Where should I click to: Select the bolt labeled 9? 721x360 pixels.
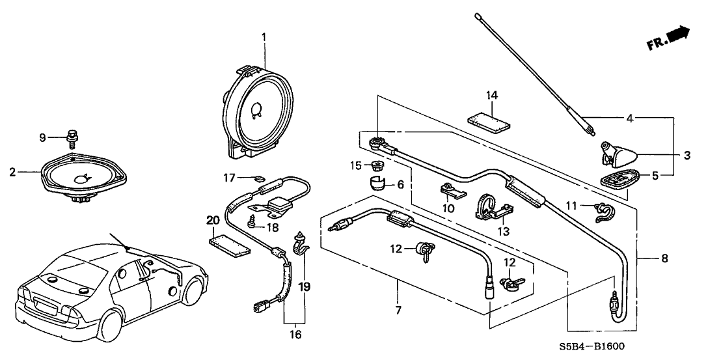[72, 139]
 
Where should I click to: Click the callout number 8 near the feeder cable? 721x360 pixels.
[664, 258]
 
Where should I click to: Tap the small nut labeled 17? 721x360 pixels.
[258, 178]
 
